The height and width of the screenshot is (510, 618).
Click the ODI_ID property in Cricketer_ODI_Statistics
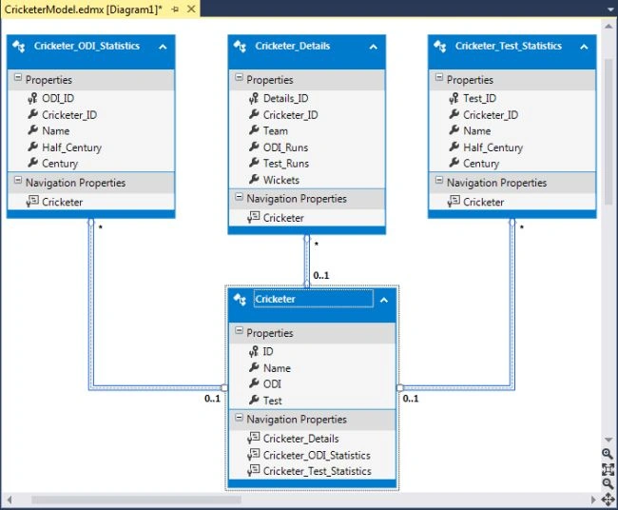pos(58,98)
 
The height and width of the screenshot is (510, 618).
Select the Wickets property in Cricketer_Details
pos(281,180)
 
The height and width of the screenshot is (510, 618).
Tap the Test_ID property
pos(479,98)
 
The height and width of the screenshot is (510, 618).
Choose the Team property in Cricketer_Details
pos(276,130)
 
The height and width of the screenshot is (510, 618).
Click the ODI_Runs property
pos(286,147)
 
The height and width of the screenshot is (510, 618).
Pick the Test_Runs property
pos(286,164)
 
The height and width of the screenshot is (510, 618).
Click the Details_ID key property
pos(286,98)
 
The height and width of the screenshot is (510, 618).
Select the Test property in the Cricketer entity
pos(272,401)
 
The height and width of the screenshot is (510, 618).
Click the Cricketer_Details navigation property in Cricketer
pos(301,439)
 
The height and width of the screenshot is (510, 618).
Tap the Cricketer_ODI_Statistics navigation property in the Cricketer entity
pos(317,455)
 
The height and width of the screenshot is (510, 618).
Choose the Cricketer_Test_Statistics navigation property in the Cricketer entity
pos(318,471)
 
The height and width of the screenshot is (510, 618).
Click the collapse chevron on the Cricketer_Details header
pos(374,47)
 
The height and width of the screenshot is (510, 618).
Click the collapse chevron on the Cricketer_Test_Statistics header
pos(584,47)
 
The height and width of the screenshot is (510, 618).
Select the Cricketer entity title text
pos(275,299)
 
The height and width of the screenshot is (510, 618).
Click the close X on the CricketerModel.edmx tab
pos(191,10)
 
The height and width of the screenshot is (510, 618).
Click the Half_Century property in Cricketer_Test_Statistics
pos(493,147)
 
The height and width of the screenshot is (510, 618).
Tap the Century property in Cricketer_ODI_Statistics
pos(60,164)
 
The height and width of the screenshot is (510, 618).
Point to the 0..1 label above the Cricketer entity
pos(321,275)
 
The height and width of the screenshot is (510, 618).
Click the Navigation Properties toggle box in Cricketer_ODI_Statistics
pos(18,181)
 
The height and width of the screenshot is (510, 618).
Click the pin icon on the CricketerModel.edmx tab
pos(175,10)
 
